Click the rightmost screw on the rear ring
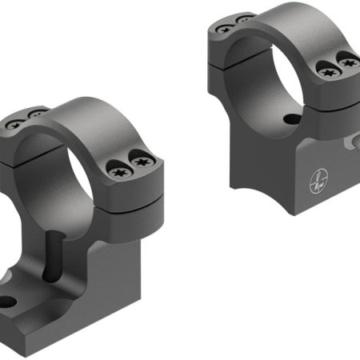346,59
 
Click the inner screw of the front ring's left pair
35,117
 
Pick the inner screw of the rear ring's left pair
242,18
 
